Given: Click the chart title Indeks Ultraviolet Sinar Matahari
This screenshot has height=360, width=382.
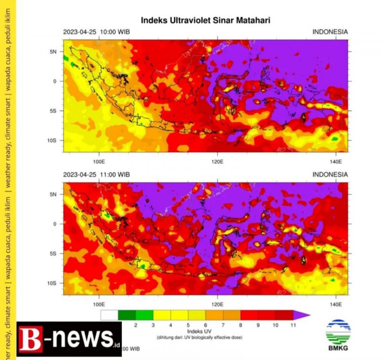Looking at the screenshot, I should point(206,20).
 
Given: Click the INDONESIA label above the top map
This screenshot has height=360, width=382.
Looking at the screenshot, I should point(330,32).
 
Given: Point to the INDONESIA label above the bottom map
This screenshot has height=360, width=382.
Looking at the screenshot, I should point(330,174).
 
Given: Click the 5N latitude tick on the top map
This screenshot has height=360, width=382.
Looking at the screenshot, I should point(53,51).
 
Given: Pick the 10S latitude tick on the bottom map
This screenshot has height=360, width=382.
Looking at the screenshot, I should point(52,283).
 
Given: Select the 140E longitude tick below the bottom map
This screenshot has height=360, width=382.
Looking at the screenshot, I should point(335,304).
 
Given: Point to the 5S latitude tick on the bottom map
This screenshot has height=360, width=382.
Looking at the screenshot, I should point(53,253).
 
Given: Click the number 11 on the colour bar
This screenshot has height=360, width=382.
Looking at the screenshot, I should point(293,325).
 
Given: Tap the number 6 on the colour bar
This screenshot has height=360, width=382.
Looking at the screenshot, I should point(206,325).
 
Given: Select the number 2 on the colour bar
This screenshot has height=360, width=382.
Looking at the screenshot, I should point(136,325).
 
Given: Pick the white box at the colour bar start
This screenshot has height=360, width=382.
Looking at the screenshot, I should point(109,315).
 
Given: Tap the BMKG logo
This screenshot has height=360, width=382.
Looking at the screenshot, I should point(338,335).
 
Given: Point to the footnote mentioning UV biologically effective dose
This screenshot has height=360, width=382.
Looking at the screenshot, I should point(200,337).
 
